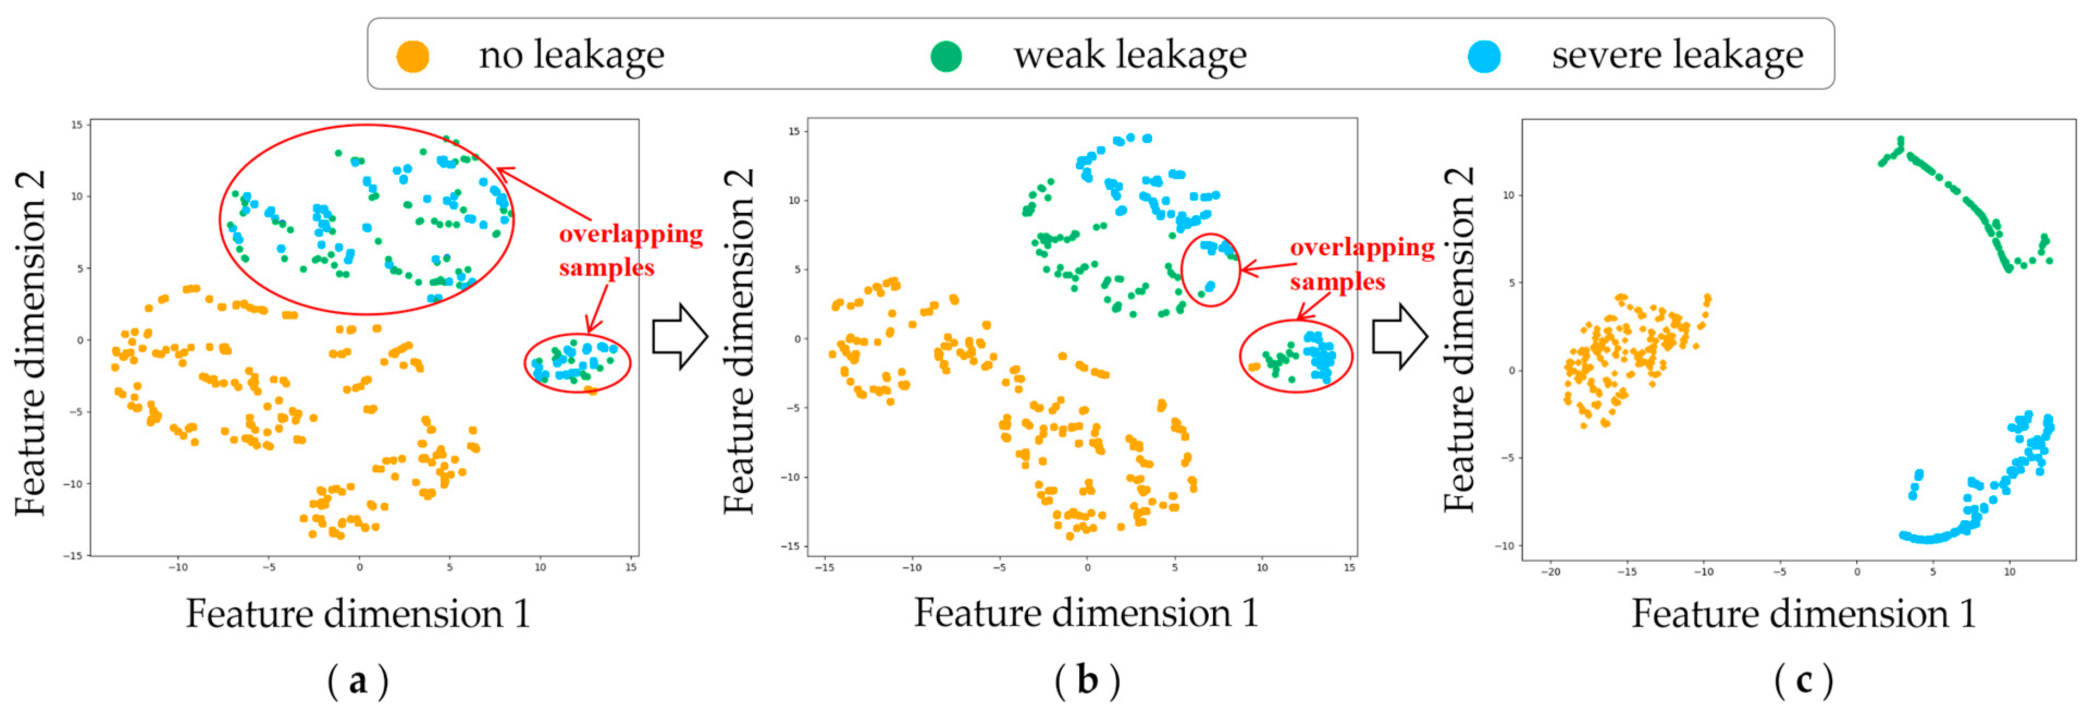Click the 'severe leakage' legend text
coord(1677,56)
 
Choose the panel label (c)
coord(1804,680)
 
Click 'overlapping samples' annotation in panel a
coord(631,250)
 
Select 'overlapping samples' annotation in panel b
coord(1362,263)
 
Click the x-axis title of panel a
coord(358,613)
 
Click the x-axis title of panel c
coord(1804,613)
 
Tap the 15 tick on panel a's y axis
coord(77,125)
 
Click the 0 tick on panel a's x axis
coord(360,567)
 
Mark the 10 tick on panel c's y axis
coord(1508,195)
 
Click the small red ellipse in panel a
coord(577,363)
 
